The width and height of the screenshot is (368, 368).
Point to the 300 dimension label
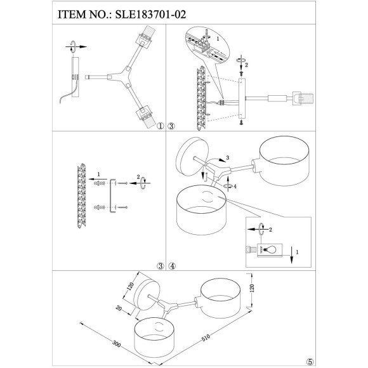116,345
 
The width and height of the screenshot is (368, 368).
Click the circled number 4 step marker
173,266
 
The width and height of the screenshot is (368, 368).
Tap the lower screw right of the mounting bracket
125,207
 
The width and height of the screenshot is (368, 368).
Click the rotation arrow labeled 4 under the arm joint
228,187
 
